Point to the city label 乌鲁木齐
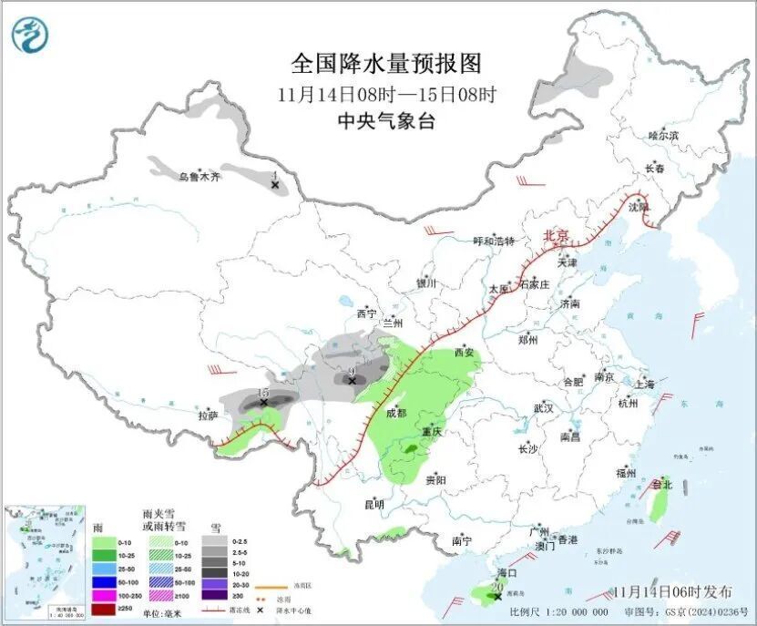(199, 178)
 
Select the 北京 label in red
(556, 236)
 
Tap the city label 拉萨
(209, 416)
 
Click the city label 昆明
(373, 504)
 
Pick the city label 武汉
(544, 407)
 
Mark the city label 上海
(644, 384)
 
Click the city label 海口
(506, 572)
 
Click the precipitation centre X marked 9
(353, 380)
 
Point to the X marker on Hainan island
(496, 596)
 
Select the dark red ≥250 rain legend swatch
(103, 608)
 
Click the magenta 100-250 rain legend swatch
(103, 594)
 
